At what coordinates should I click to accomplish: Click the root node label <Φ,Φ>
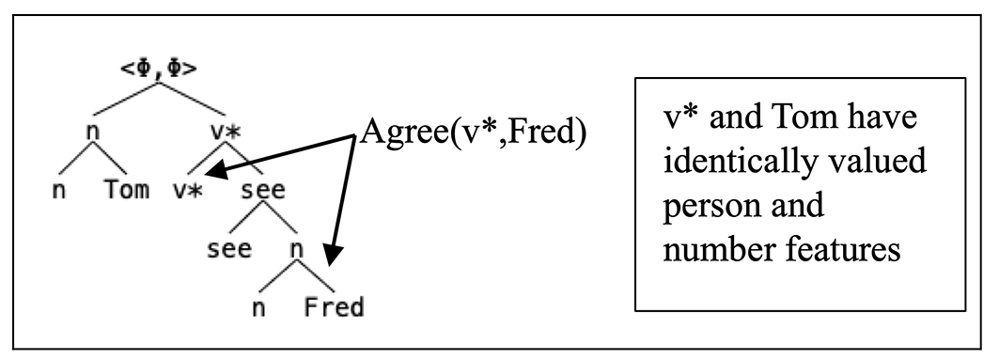(159, 69)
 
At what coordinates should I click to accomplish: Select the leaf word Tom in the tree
(128, 189)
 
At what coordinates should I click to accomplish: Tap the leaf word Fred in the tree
(334, 307)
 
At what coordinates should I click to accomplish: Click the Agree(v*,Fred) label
(473, 133)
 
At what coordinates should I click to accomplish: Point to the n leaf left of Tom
(58, 191)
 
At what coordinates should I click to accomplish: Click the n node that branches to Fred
(296, 250)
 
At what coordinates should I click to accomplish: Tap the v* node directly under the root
(225, 132)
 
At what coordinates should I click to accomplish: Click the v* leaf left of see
(187, 191)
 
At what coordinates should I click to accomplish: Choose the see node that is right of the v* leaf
(263, 191)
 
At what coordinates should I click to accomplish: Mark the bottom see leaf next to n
(228, 249)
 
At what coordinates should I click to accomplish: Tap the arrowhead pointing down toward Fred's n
(334, 256)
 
